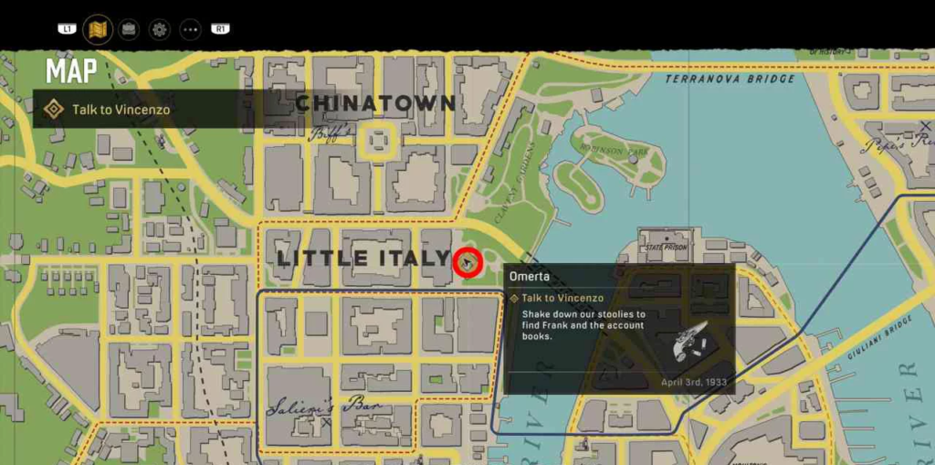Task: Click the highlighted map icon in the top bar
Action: coord(98,29)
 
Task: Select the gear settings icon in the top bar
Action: coord(160,29)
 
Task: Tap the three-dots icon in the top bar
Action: coord(190,29)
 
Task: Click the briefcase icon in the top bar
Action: coord(130,29)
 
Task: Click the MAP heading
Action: coord(71,70)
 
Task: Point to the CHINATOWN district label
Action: coord(375,102)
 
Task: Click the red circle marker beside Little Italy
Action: coord(467,263)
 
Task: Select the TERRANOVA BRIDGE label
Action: coord(730,79)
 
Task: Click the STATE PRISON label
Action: coord(665,247)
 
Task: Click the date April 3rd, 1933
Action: coord(693,382)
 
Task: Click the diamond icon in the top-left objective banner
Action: coord(54,110)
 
